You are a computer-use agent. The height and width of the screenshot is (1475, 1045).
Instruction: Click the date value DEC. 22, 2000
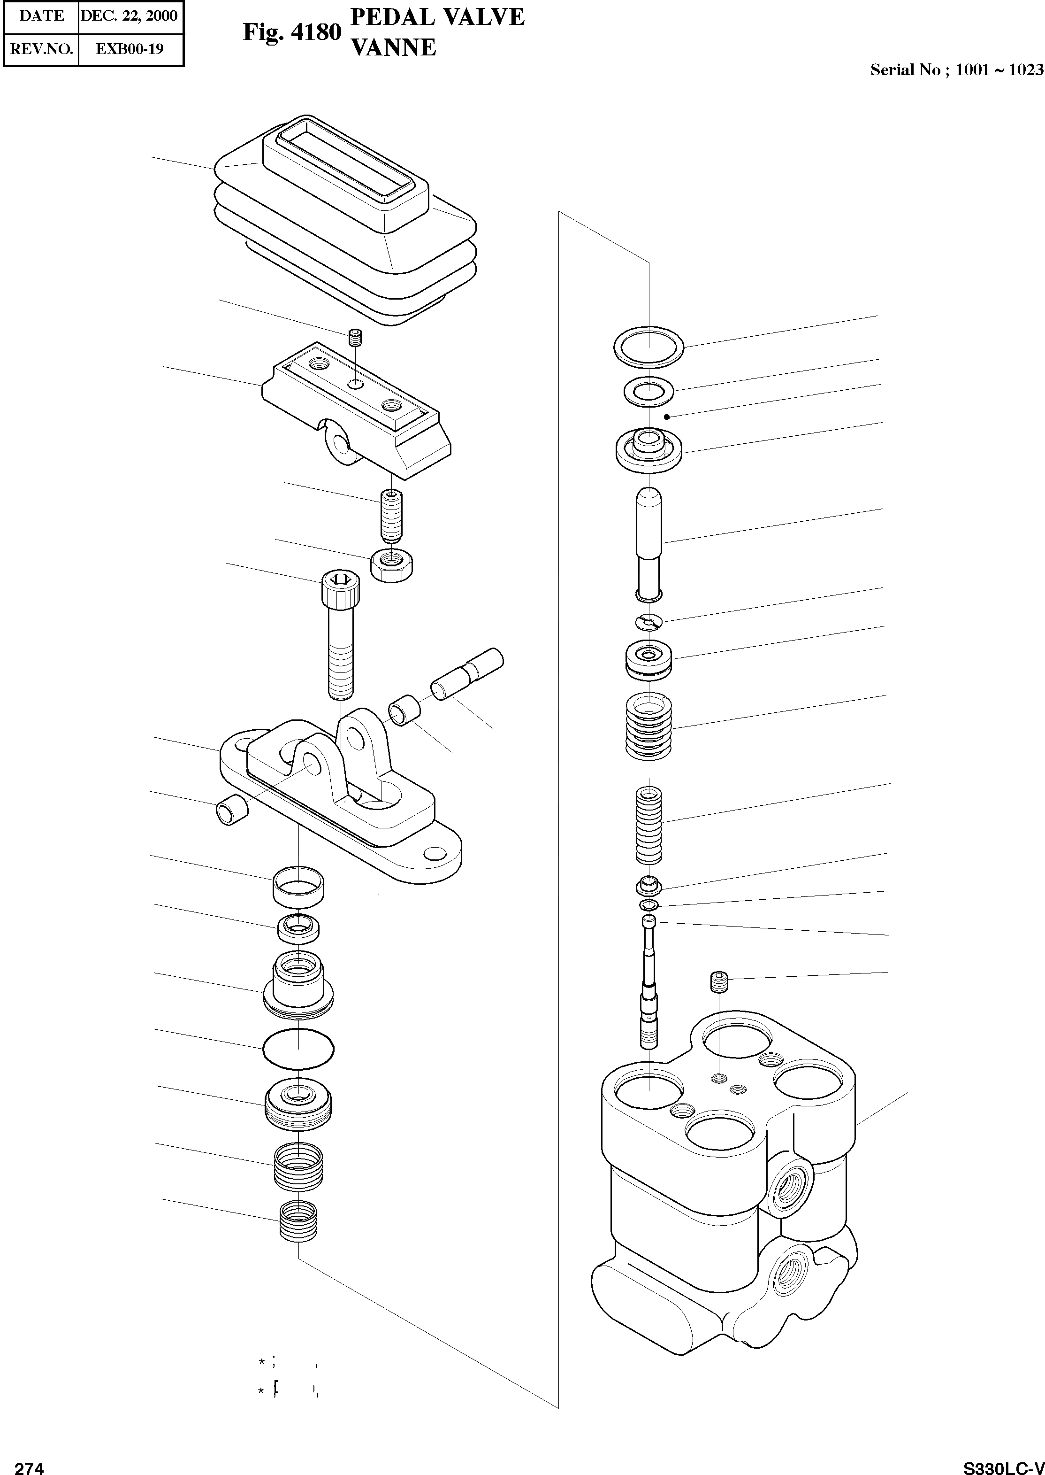(x=130, y=15)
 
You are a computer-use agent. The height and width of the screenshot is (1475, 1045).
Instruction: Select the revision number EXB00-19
(x=130, y=48)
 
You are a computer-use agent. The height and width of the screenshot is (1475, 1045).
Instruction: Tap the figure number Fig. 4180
(x=291, y=32)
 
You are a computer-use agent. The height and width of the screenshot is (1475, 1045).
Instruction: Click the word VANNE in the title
(x=392, y=47)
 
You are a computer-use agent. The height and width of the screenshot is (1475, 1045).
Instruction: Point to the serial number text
(x=956, y=70)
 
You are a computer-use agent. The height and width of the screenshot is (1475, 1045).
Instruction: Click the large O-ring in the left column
(x=298, y=1050)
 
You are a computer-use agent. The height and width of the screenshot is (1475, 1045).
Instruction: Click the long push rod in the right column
(x=648, y=544)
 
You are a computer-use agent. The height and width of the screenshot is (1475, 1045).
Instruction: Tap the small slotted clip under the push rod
(x=648, y=622)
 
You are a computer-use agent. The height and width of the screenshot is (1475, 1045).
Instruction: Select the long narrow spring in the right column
(x=648, y=826)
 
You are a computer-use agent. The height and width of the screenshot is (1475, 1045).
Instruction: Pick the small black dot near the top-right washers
(x=668, y=417)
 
